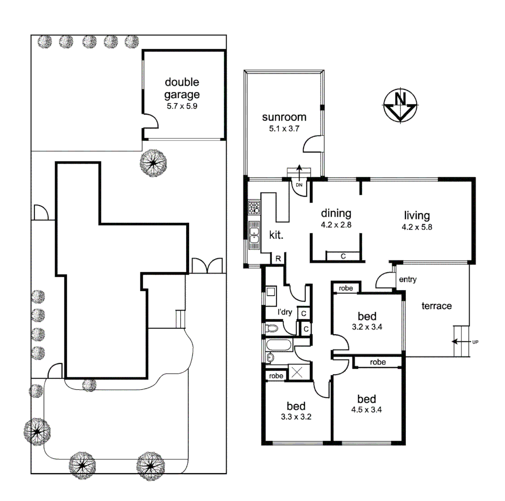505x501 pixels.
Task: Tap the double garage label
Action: point(183,89)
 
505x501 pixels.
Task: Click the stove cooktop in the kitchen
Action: point(254,207)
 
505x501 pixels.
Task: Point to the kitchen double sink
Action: point(254,235)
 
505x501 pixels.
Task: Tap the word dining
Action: point(336,213)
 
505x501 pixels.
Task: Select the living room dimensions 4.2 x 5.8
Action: point(417,227)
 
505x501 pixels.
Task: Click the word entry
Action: point(407,279)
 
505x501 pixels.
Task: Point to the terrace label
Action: point(436,306)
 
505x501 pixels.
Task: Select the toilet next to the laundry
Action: point(273,329)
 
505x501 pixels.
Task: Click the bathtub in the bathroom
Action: point(278,345)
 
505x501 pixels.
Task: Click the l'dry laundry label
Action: point(284,312)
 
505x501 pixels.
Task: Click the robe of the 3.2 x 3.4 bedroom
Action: point(346,288)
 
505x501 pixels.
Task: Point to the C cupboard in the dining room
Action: point(343,256)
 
